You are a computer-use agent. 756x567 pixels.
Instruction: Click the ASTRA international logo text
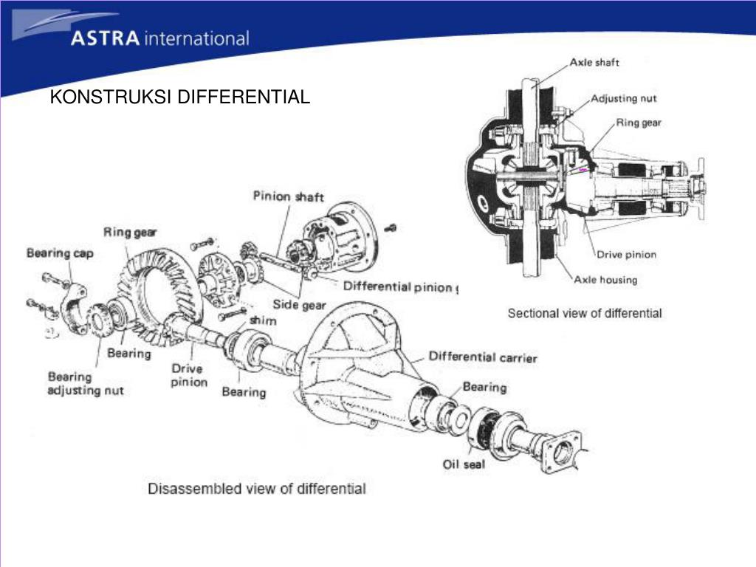pyautogui.click(x=159, y=38)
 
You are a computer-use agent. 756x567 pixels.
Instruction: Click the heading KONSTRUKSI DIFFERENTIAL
pyautogui.click(x=180, y=97)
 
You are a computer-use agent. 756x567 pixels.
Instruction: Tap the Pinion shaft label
pyautogui.click(x=288, y=196)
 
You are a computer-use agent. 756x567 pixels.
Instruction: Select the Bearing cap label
pyautogui.click(x=60, y=253)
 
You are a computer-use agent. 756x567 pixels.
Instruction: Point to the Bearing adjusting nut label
pyautogui.click(x=86, y=383)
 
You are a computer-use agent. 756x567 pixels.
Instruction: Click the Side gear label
pyautogui.click(x=299, y=304)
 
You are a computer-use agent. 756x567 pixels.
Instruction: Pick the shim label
pyautogui.click(x=263, y=320)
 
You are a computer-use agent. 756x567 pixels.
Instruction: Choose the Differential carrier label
pyautogui.click(x=483, y=357)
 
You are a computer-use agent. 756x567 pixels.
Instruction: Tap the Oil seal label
pyautogui.click(x=464, y=464)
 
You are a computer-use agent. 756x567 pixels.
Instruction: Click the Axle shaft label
pyautogui.click(x=594, y=63)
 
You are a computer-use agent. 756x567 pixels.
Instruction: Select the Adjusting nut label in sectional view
pyautogui.click(x=624, y=98)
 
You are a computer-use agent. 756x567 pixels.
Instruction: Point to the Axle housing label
pyautogui.click(x=605, y=280)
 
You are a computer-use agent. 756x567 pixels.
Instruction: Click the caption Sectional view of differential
pyautogui.click(x=585, y=313)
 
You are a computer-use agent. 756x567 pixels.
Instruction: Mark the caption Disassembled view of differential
pyautogui.click(x=257, y=488)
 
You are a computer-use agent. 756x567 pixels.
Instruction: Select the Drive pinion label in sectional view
pyautogui.click(x=626, y=255)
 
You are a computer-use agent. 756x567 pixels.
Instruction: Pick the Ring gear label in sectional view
pyautogui.click(x=639, y=123)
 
